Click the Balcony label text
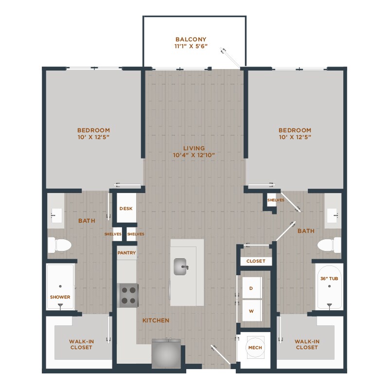[191, 39]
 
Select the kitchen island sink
[181, 266]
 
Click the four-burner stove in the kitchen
[128, 295]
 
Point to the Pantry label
[126, 253]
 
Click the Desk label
[126, 209]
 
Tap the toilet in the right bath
[329, 245]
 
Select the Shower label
[60, 297]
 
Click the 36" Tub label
[330, 278]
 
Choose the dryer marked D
[251, 288]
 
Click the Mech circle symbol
[253, 347]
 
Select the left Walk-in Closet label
[81, 344]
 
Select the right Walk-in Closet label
[307, 344]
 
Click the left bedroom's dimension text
[93, 137]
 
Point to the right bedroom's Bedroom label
[295, 130]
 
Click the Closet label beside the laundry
[256, 261]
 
